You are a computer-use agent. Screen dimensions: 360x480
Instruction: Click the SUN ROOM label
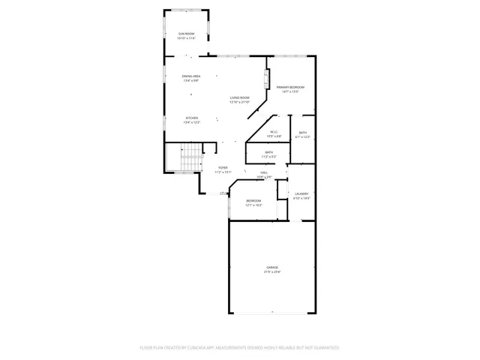(x=186, y=34)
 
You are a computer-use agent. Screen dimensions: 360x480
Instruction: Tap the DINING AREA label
(x=191, y=76)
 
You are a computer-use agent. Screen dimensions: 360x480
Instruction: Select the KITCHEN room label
(x=192, y=118)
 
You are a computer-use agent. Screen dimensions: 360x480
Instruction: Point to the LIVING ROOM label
(x=240, y=97)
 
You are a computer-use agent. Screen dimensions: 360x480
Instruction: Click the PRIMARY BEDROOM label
(x=289, y=88)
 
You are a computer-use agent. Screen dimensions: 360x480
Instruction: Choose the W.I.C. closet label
(x=274, y=132)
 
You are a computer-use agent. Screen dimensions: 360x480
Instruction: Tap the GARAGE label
(x=271, y=268)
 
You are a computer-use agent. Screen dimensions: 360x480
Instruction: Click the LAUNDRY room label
(x=301, y=193)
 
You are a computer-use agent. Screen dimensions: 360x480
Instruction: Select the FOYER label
(x=223, y=167)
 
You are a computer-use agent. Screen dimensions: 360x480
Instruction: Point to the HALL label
(x=265, y=172)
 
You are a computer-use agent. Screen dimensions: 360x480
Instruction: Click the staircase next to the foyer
(x=190, y=159)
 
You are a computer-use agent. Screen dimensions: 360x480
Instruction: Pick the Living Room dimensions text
(x=240, y=102)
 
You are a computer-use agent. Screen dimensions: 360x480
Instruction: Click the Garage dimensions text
(x=271, y=272)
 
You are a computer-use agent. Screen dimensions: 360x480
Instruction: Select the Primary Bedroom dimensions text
(x=289, y=92)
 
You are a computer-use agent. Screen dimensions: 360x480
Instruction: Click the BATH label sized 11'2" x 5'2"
(x=268, y=152)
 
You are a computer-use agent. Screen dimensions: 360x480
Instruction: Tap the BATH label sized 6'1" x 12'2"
(x=302, y=133)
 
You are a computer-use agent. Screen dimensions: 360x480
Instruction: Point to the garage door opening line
(x=272, y=312)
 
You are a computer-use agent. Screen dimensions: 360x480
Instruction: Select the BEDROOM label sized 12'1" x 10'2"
(x=254, y=201)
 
